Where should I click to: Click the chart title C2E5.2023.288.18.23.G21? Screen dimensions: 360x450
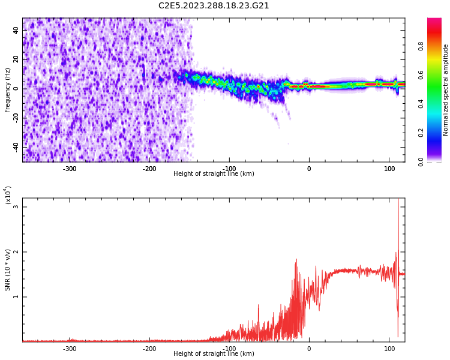[214, 6]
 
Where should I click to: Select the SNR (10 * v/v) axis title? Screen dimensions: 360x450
[8, 271]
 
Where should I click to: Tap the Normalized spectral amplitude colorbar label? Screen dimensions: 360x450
[446, 90]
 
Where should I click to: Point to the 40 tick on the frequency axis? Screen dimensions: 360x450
[16, 31]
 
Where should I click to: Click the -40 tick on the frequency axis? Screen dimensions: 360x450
[15, 147]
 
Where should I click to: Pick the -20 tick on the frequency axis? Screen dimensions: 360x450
[15, 118]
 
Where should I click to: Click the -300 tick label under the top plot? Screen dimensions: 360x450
[70, 169]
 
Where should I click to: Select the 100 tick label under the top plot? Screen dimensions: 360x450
[389, 169]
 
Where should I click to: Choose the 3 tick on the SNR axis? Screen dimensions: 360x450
[16, 207]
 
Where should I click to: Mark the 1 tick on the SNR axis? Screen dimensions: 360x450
[16, 297]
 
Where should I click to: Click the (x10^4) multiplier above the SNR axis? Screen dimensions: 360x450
[8, 196]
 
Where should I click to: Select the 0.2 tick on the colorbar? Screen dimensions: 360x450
[421, 133]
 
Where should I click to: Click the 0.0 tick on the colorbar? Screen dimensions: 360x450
[421, 161]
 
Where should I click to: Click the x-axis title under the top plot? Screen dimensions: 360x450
[214, 174]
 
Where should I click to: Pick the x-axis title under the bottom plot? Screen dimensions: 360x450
[214, 354]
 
